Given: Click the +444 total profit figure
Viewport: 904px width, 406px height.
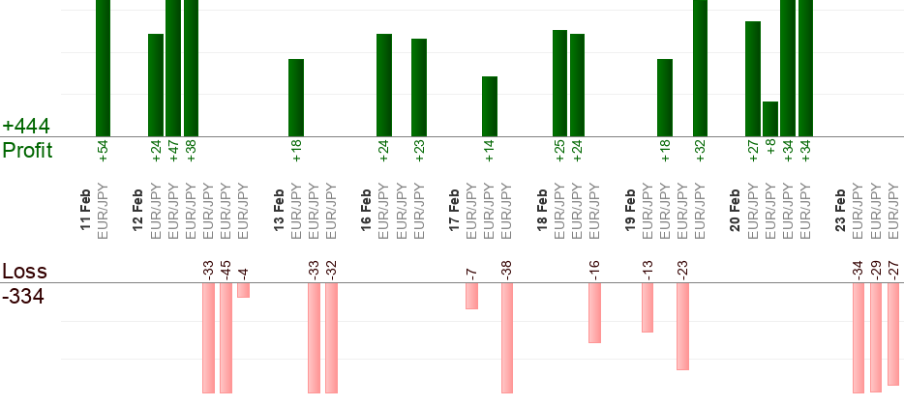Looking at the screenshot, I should pos(26,127).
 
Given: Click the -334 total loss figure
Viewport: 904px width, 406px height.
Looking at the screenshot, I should pos(23,296).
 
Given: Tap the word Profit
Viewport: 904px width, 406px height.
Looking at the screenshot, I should pos(27,150).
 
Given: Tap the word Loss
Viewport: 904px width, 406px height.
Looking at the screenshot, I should pos(24,271).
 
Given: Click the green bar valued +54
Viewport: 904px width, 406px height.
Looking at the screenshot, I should pos(103,68).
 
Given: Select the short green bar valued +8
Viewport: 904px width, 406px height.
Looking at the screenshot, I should pos(770,119).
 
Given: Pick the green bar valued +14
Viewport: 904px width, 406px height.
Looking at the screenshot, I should pos(490,106).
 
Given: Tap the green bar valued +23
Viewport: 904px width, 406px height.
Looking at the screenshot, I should pos(419,87).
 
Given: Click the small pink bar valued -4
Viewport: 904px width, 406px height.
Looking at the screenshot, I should pos(243,290).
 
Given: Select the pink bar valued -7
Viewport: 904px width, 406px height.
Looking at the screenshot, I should pos(471,296).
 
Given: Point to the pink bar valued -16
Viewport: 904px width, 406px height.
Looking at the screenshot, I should pos(594,312).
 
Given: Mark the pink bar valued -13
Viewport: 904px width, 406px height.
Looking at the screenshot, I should pos(648,307).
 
